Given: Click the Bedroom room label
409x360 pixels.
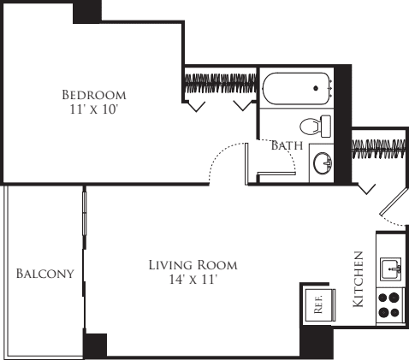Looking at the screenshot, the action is click(94, 95).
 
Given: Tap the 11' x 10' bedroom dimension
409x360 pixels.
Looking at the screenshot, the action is click(94, 109).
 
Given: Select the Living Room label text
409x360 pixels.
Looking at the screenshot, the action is click(193, 265).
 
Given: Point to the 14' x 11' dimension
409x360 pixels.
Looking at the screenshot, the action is click(192, 280).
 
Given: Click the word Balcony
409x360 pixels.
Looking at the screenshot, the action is click(45, 274).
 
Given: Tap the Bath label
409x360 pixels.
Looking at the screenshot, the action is click(287, 145).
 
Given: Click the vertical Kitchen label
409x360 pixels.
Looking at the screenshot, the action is click(359, 279).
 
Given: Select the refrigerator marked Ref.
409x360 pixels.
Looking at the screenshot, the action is click(319, 305).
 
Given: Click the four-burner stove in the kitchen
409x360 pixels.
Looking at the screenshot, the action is click(389, 305).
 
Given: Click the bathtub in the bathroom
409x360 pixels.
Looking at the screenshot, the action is click(297, 89).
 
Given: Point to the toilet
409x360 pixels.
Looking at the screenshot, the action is click(315, 126).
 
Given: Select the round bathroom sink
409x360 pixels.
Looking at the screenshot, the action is click(323, 163).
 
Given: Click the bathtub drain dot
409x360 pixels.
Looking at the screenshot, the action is click(316, 88).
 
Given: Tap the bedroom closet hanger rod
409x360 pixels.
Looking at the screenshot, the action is click(221, 84).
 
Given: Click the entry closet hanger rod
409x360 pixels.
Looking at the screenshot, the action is click(378, 149).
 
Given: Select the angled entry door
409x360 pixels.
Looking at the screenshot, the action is click(393, 201).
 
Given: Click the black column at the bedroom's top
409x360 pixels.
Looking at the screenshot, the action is click(87, 12).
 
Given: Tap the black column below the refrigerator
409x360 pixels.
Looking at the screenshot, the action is click(316, 342).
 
